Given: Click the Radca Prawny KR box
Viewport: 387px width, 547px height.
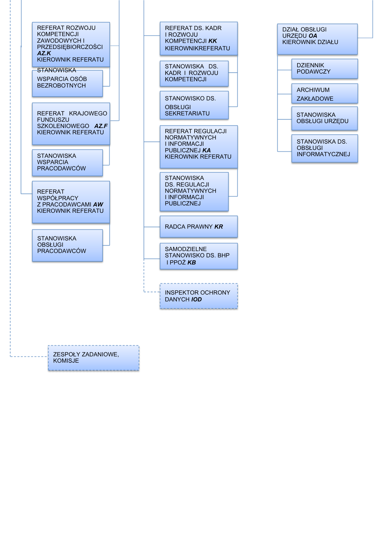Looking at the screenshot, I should pyautogui.click(x=198, y=226).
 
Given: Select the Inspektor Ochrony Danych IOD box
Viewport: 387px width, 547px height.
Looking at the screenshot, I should pyautogui.click(x=198, y=296).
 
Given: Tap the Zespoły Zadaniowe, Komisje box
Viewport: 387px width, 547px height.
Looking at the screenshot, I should pyautogui.click(x=93, y=358).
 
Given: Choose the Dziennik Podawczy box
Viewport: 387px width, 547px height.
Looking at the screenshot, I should pyautogui.click(x=325, y=69).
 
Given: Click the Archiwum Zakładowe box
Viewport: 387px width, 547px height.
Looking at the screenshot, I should pyautogui.click(x=325, y=94).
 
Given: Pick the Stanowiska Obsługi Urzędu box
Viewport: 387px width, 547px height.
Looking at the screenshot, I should pyautogui.click(x=325, y=118).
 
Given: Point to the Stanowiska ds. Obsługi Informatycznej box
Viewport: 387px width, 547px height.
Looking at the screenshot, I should pyautogui.click(x=325, y=148).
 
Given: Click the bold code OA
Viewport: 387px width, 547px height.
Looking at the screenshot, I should pyautogui.click(x=313, y=36).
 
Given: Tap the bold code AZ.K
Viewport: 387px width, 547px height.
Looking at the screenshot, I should pyautogui.click(x=44, y=53).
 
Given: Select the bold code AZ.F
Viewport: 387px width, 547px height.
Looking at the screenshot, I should pyautogui.click(x=101, y=126).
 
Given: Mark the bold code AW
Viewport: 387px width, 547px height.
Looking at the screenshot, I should pyautogui.click(x=98, y=205).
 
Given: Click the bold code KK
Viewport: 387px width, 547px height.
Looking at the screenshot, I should pyautogui.click(x=213, y=41).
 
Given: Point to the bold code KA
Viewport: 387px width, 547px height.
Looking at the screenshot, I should pyautogui.click(x=207, y=150).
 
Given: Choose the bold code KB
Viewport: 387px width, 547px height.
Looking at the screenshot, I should pyautogui.click(x=192, y=263).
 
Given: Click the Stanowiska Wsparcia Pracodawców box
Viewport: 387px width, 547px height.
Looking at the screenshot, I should pyautogui.click(x=67, y=162).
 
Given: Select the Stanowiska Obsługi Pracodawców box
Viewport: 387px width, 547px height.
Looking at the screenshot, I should pyautogui.click(x=67, y=245).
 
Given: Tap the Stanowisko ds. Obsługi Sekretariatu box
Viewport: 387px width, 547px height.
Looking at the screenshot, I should pyautogui.click(x=194, y=105).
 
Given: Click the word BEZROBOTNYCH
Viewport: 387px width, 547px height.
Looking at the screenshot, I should pyautogui.click(x=61, y=86).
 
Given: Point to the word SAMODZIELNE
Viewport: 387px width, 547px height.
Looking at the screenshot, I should pyautogui.click(x=186, y=249).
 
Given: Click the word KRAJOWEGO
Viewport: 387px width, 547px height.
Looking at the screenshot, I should pyautogui.click(x=88, y=113).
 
